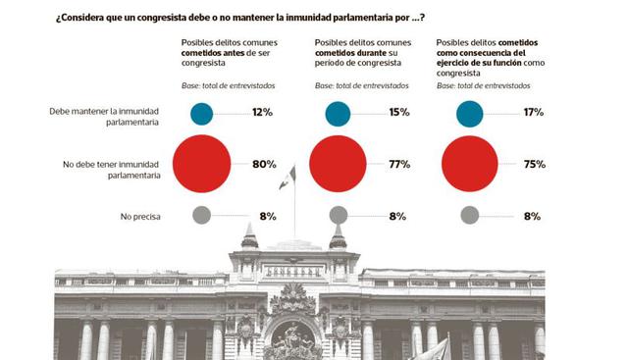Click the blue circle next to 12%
tap(201, 113)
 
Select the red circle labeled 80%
tap(201, 164)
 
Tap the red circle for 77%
tap(339, 164)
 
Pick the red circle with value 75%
tap(469, 164)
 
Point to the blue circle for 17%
tap(469, 113)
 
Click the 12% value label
tap(262, 113)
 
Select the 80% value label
tap(263, 164)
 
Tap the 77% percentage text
tap(398, 164)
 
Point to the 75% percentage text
tap(535, 164)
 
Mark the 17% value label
tap(535, 113)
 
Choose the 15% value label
tap(398, 113)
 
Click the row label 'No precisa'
tap(138, 215)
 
